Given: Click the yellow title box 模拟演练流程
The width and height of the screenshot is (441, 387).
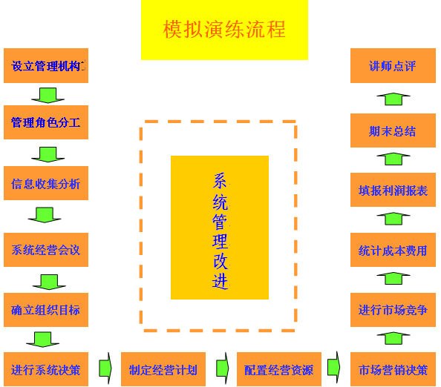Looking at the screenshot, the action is click(224, 30).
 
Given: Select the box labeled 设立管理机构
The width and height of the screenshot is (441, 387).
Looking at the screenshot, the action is click(46, 66).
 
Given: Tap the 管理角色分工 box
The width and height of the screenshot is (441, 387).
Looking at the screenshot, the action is click(46, 122).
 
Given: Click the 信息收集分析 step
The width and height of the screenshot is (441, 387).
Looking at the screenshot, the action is click(46, 183).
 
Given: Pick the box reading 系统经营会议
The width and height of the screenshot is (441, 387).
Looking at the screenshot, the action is click(46, 250).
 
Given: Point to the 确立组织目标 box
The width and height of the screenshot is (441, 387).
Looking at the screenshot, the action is click(46, 310).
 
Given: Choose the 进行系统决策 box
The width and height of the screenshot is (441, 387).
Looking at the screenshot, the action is click(46, 369).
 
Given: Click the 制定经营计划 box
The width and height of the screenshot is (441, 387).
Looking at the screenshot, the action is click(163, 369).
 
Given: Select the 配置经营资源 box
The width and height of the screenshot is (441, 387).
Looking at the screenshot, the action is click(279, 369).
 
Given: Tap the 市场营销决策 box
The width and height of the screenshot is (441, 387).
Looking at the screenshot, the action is click(393, 369).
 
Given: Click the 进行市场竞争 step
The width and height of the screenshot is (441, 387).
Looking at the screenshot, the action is click(393, 310).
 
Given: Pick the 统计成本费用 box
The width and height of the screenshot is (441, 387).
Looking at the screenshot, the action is click(393, 250).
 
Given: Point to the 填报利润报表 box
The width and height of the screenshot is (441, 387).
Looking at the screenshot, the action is click(393, 190).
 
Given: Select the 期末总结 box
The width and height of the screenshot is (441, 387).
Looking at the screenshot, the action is click(393, 130).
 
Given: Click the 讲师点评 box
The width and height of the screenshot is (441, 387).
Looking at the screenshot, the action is click(393, 66).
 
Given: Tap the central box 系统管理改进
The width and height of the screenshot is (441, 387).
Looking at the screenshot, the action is click(220, 228).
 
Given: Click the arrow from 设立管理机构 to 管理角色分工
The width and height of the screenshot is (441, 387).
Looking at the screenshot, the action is click(48, 96).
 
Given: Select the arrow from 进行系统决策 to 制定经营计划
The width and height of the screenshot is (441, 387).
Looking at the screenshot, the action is click(105, 368).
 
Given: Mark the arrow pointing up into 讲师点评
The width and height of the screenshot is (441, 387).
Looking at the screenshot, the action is click(393, 99).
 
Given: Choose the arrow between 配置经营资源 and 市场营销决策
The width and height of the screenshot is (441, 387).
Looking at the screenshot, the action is click(334, 367).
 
